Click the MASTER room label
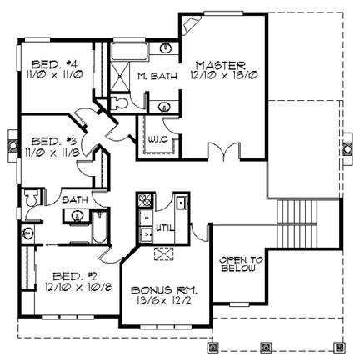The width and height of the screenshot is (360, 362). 221,66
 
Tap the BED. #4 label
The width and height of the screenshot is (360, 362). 54,65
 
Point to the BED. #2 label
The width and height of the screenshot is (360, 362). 75,276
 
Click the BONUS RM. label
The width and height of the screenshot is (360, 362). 164,290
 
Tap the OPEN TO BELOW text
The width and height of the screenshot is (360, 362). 241,264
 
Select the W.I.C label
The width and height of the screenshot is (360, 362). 157,139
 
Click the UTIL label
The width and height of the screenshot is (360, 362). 165,229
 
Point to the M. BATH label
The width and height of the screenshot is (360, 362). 157,76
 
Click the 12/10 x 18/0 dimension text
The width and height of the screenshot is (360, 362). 224,75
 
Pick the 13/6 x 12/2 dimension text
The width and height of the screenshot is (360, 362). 165,300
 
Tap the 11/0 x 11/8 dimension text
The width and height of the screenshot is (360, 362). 53,152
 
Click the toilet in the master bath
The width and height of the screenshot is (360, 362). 119,103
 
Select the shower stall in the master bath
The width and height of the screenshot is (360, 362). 120,76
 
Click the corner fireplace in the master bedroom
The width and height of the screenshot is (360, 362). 190,24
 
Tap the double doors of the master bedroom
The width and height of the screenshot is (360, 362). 223,151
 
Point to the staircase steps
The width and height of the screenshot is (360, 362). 297,224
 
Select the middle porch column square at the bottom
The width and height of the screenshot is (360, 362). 266,347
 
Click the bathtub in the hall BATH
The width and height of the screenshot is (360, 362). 98,227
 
